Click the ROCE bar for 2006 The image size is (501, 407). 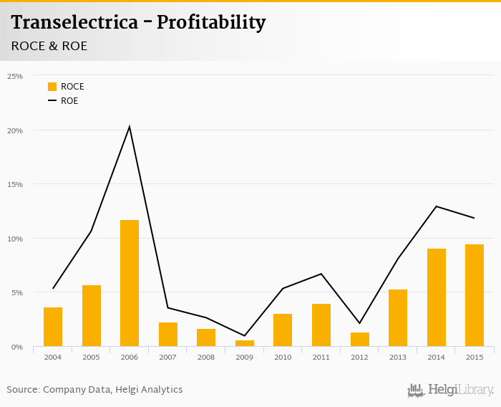[x=130, y=283]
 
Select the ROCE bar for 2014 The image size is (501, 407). [x=436, y=297]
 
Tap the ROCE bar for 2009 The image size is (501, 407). [x=244, y=343]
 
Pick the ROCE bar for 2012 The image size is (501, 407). [x=359, y=340]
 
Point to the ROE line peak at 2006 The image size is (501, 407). [x=130, y=127]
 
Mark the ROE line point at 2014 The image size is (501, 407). [x=436, y=206]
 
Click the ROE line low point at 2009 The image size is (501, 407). [x=244, y=335]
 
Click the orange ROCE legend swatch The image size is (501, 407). [x=52, y=87]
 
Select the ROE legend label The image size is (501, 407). [x=69, y=101]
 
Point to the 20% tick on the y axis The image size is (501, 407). [x=16, y=130]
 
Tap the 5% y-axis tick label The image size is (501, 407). [x=17, y=292]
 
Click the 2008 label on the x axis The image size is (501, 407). [x=206, y=356]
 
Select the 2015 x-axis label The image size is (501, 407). [x=474, y=356]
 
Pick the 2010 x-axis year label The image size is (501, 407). [x=283, y=356]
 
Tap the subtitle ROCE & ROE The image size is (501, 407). [x=49, y=46]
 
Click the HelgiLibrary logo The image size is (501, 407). [x=450, y=390]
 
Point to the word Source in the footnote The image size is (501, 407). [x=23, y=390]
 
